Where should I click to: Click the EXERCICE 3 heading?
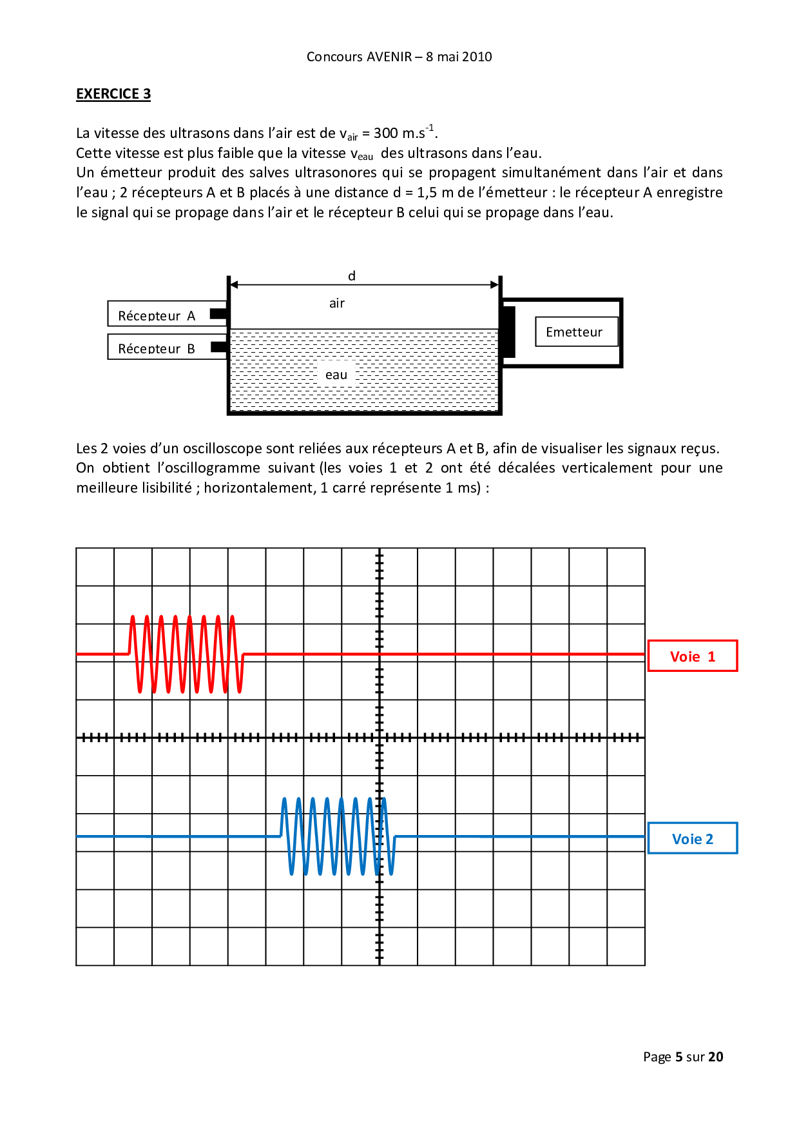tap(113, 94)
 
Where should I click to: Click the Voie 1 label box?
tap(693, 656)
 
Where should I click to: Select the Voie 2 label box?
tap(693, 839)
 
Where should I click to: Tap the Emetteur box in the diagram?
tap(574, 332)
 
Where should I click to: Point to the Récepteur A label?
tap(157, 315)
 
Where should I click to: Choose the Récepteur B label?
tap(157, 348)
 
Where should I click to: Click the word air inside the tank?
tap(337, 303)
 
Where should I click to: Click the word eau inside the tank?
tap(336, 375)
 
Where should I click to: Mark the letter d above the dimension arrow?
tap(352, 276)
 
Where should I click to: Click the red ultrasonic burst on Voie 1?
tap(186, 654)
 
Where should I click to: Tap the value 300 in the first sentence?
tap(385, 133)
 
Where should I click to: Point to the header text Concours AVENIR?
tap(359, 57)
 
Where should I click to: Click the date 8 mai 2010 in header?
tap(459, 57)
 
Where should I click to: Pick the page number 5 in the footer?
tap(679, 1057)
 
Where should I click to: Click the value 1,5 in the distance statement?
tap(427, 193)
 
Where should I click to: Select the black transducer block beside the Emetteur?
tap(508, 332)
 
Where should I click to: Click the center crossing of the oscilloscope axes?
tap(380, 737)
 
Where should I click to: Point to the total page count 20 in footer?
tap(716, 1057)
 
